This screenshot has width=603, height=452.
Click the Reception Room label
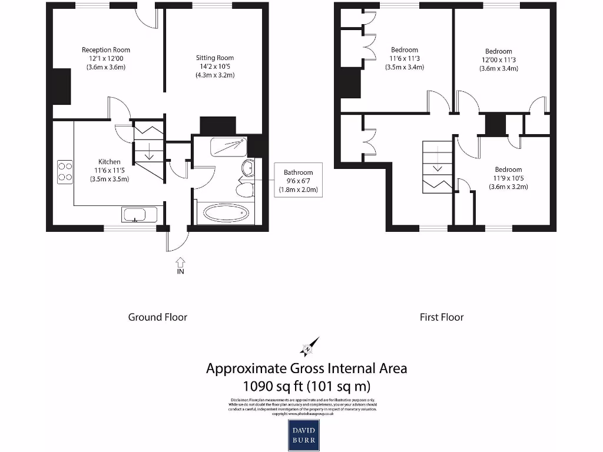pos(106,50)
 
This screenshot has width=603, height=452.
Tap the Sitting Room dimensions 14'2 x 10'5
pos(215,67)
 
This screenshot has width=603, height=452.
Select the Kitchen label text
pos(110,162)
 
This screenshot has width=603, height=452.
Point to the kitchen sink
pos(140,214)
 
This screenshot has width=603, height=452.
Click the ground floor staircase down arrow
pos(149,152)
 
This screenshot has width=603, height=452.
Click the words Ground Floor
pos(158,317)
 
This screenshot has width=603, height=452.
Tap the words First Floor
pos(442,317)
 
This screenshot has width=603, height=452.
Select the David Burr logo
pos(303,435)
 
